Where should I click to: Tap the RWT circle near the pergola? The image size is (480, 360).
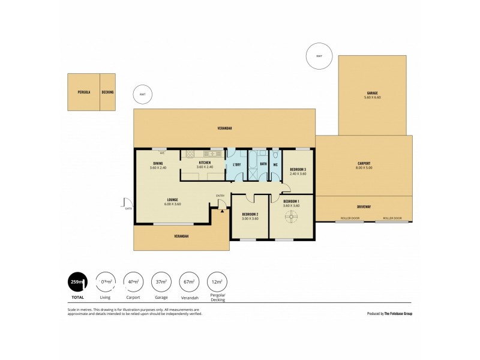tap(142, 94)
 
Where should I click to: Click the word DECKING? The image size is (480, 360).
tap(107, 92)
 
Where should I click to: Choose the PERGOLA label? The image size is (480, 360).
tap(83, 92)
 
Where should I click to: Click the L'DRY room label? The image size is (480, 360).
tap(236, 164)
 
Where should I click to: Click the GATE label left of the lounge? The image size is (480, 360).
tap(128, 208)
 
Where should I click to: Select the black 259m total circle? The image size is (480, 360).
tap(78, 281)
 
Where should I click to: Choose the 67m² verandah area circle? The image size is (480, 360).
tap(189, 281)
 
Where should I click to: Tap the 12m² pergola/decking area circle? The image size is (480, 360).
tap(217, 281)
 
